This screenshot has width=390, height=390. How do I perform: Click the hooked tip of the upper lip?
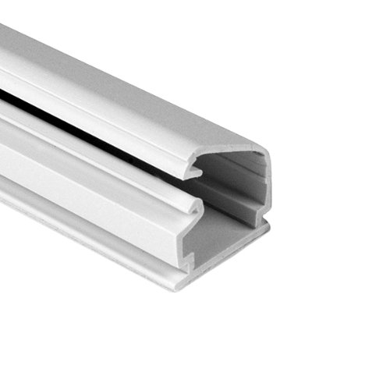(x=194, y=165)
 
